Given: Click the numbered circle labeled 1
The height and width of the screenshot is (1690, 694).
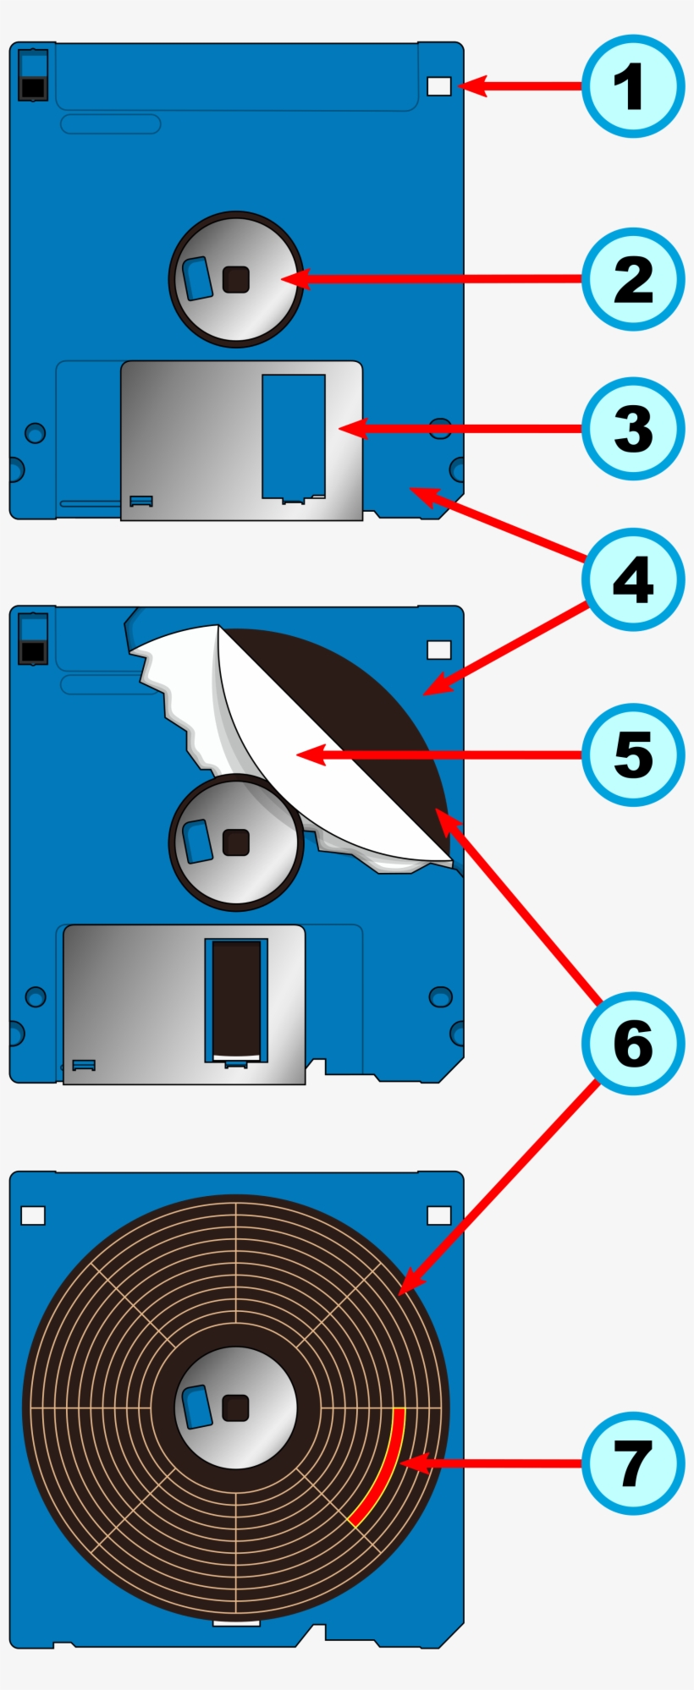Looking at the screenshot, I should click(x=632, y=86).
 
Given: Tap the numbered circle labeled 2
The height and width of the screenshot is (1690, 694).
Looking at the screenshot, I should click(x=632, y=279).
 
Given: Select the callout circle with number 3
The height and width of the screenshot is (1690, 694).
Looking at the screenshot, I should click(x=632, y=429).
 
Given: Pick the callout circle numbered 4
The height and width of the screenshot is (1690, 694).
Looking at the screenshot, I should click(x=632, y=580).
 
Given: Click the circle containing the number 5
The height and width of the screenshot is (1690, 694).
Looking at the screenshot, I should click(x=632, y=754).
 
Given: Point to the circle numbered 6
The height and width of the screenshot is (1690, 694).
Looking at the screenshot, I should click(x=632, y=1043).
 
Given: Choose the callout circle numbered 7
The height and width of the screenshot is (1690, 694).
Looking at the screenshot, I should click(x=632, y=1463).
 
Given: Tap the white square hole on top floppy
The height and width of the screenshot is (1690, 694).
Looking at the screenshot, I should click(x=439, y=85).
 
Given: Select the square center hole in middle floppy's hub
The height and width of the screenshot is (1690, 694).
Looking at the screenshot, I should click(x=235, y=842).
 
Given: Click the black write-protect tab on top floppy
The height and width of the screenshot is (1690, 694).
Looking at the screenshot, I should click(x=33, y=88).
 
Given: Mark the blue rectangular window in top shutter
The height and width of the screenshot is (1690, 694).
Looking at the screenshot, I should click(x=293, y=436).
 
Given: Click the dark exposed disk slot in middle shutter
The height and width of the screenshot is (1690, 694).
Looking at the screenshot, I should click(x=236, y=998).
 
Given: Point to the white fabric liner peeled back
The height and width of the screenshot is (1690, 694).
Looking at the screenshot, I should click(x=279, y=736).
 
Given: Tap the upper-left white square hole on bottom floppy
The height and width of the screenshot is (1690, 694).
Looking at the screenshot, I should click(x=33, y=1215).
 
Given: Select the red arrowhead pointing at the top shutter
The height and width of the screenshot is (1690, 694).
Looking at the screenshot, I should click(x=350, y=429).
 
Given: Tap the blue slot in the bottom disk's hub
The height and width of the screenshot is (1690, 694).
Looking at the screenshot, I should click(x=196, y=1407).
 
